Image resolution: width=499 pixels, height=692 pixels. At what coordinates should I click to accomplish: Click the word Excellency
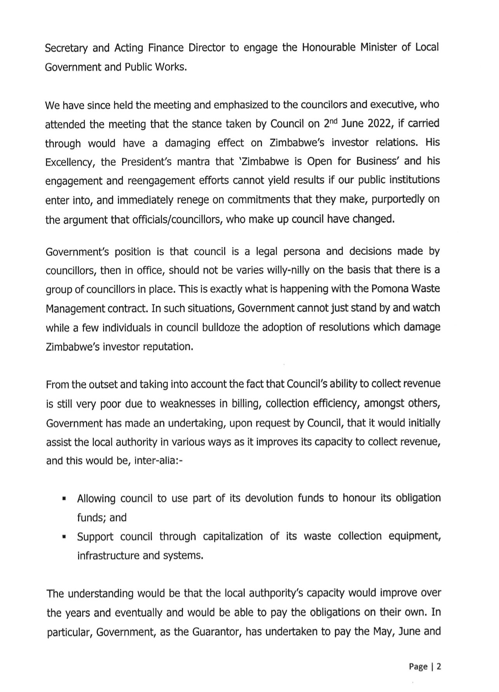pos(70,162)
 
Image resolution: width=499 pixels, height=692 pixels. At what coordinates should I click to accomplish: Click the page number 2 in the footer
pos(439,667)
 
